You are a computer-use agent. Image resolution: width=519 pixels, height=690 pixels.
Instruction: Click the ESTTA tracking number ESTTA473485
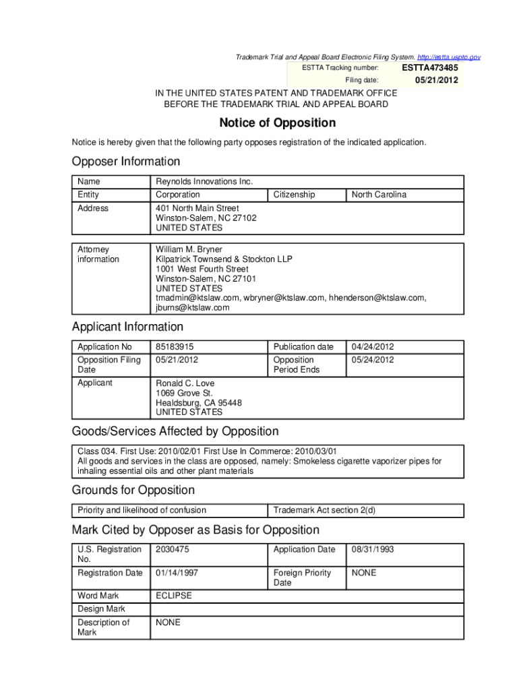[x=430, y=68]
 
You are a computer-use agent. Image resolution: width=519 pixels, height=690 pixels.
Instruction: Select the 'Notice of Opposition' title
[x=277, y=123]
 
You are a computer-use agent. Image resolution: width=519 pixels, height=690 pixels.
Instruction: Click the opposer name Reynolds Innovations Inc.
[x=204, y=182]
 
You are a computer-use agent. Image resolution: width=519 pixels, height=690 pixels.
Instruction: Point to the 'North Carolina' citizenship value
[x=379, y=195]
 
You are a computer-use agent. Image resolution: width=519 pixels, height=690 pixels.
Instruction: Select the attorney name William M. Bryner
[x=189, y=249]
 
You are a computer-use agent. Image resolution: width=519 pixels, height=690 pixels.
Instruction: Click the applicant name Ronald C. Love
[x=185, y=383]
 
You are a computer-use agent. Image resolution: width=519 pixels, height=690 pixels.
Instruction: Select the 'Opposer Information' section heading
[x=126, y=162]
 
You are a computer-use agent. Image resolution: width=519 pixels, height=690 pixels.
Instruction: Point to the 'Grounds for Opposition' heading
[x=133, y=490]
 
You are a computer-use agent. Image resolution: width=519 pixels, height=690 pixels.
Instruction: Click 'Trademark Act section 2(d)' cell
[x=324, y=510]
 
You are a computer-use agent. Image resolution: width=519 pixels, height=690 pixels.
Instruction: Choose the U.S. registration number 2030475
[x=172, y=549]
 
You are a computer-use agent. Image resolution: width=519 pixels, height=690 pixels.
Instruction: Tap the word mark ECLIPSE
[x=174, y=596]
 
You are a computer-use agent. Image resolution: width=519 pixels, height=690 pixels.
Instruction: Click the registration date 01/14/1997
[x=177, y=573]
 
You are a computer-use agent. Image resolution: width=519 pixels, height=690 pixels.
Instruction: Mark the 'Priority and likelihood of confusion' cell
[x=142, y=510]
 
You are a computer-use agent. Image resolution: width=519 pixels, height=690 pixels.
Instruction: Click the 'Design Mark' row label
[x=102, y=609]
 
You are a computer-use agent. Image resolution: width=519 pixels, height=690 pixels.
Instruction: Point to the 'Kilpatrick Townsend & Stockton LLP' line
[x=224, y=259]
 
